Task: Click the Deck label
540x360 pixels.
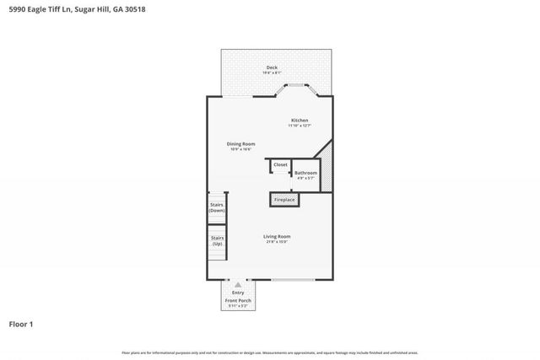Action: pos(272,67)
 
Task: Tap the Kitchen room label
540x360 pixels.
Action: pos(300,121)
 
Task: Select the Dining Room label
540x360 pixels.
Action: pos(240,143)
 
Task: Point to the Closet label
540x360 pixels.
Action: pos(280,164)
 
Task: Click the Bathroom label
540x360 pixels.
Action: pos(305,173)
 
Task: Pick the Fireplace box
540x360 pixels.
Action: pos(284,200)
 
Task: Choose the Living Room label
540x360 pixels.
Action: pos(278,236)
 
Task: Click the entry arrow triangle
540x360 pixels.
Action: pos(239,285)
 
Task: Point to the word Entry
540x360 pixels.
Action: pos(239,293)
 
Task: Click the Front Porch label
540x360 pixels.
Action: pos(239,300)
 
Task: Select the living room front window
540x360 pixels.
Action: pos(293,280)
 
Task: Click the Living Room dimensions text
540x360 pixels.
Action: pos(278,243)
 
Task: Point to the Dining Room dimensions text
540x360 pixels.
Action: pos(240,149)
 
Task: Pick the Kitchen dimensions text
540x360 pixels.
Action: pos(300,126)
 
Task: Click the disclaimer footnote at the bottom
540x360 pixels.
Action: pos(270,352)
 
